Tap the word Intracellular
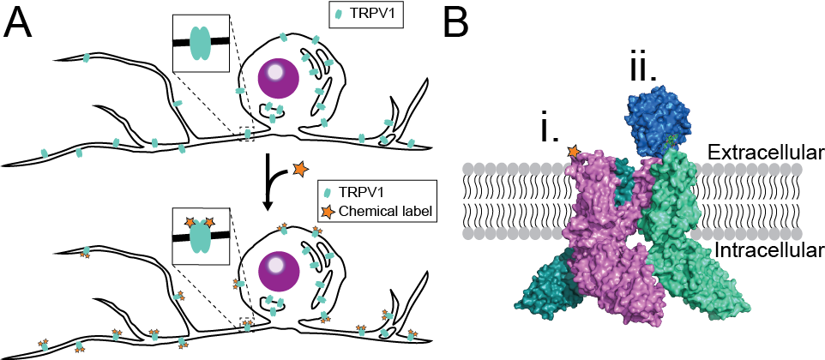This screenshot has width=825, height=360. pos(766,249)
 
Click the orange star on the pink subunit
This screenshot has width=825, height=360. pos(572,153)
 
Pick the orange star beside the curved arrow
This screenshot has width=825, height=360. pos(300,170)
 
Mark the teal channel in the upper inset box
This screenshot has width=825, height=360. pos(201,41)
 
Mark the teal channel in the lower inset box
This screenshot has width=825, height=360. pos(201,235)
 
